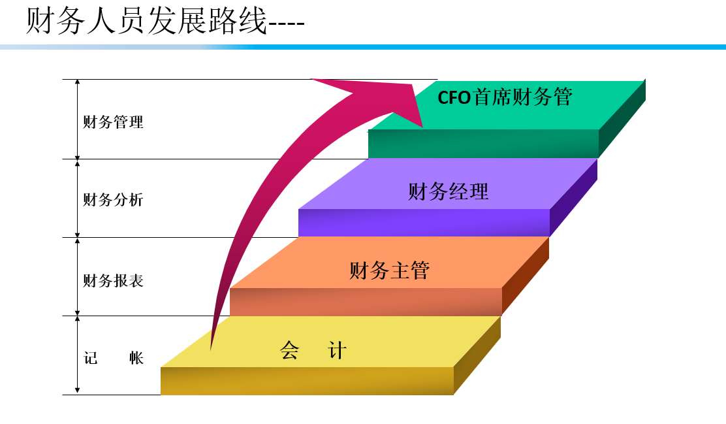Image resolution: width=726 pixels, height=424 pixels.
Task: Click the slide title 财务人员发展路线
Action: [147, 21]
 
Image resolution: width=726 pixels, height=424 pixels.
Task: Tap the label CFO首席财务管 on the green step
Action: [505, 97]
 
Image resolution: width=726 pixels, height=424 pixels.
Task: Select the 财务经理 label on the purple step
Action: [448, 191]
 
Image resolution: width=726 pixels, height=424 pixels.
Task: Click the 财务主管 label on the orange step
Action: [389, 270]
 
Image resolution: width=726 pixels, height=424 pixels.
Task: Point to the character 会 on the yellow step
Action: [289, 351]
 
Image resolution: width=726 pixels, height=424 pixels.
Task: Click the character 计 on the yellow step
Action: [337, 351]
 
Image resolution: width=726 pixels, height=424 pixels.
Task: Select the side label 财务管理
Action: [113, 122]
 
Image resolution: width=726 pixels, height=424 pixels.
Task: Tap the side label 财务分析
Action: [113, 200]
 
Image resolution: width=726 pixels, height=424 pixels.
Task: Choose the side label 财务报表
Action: [113, 281]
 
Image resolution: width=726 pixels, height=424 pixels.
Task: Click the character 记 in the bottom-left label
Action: [91, 358]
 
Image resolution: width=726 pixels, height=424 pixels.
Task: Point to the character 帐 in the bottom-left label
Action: [136, 358]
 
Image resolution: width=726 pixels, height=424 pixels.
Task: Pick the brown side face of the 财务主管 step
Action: [525, 277]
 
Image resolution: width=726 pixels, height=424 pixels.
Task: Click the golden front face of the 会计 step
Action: [307, 381]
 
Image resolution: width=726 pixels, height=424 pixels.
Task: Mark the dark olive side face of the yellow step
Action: [477, 356]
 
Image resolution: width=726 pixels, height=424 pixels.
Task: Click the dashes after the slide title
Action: [287, 26]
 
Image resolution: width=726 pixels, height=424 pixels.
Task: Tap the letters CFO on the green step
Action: [454, 98]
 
